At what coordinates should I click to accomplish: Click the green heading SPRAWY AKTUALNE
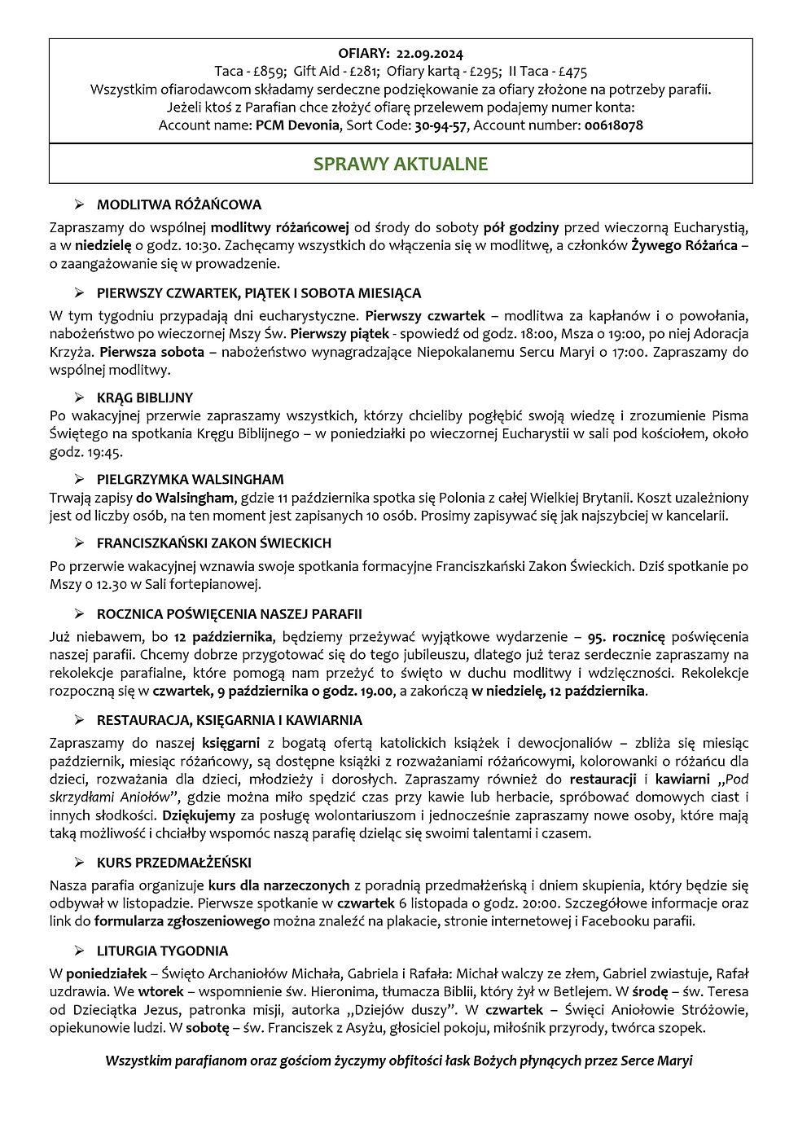401,164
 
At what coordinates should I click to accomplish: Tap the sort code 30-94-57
441,125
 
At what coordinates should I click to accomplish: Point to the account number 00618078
613,125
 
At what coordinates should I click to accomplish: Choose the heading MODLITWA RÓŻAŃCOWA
178,204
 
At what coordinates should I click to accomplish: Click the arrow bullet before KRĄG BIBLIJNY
79,398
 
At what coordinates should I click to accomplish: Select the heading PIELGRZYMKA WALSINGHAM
190,479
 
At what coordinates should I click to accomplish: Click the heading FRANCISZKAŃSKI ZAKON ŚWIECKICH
213,543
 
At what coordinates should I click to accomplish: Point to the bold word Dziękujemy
199,815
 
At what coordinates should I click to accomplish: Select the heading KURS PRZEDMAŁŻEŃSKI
173,862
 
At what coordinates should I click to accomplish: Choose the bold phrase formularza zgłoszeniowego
182,921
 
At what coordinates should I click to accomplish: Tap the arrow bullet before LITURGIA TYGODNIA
79,951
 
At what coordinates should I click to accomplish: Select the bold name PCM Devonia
297,125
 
